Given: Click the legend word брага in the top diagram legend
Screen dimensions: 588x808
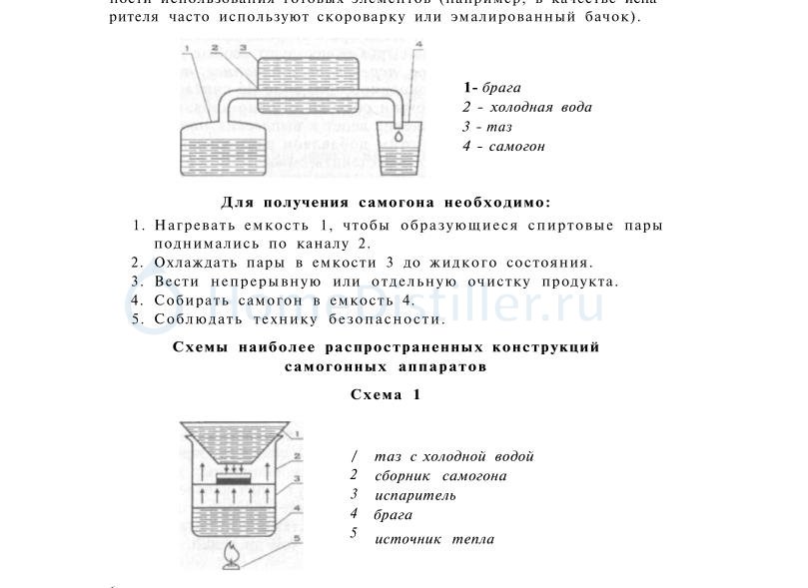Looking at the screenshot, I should point(500,88).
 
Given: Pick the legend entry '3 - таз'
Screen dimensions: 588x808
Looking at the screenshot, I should point(487,127).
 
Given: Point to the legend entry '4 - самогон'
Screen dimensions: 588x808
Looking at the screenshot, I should point(504,147).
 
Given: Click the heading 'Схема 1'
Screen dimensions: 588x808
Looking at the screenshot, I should point(386,394).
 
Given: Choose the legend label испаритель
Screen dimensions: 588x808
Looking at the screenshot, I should point(415,495).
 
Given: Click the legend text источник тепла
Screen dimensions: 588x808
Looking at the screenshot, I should point(434,539).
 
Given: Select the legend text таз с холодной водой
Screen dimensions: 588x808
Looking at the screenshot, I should point(454,456).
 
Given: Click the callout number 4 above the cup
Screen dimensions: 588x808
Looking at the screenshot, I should point(417,45).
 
